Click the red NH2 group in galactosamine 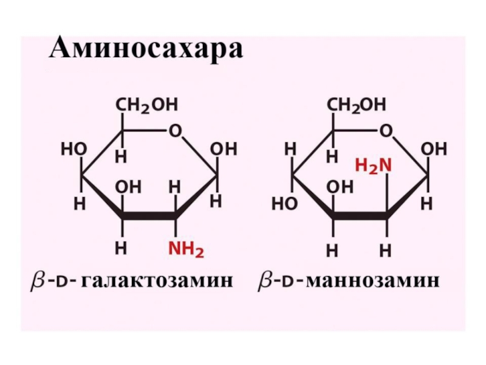[187, 248]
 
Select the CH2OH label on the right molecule [357, 105]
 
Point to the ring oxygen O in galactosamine [175, 131]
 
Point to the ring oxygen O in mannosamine [385, 131]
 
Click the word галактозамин [157, 282]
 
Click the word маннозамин [374, 282]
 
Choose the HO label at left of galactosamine [72, 149]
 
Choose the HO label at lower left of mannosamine [285, 204]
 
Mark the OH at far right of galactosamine [223, 149]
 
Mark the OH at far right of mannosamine [434, 149]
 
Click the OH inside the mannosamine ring [339, 187]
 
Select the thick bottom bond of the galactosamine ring [148, 216]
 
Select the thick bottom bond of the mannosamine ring [360, 216]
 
